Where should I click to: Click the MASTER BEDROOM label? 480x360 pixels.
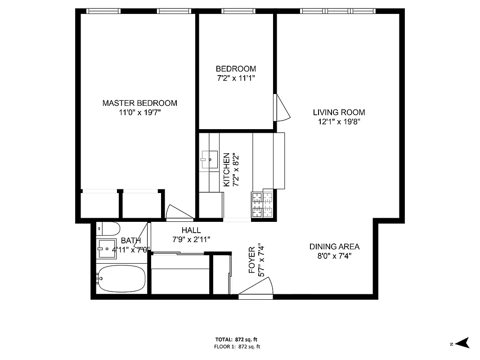[x=139, y=103]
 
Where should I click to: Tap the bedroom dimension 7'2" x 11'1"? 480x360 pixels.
[x=236, y=78]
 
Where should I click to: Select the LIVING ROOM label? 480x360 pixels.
[x=339, y=112]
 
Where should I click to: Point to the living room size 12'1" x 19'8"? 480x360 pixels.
[x=339, y=121]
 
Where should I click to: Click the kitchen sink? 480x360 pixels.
[x=209, y=159]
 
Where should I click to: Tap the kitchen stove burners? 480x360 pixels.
[x=262, y=205]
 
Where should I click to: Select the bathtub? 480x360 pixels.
[x=122, y=279]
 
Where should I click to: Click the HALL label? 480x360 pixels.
[x=191, y=230]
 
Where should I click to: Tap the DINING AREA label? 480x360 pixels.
[x=334, y=247]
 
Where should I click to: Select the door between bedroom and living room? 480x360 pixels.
[x=282, y=108]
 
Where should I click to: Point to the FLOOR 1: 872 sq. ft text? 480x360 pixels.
[x=237, y=346]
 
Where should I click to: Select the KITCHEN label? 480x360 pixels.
[x=227, y=170]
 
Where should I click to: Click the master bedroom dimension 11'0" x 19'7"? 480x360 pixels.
[x=139, y=112]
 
